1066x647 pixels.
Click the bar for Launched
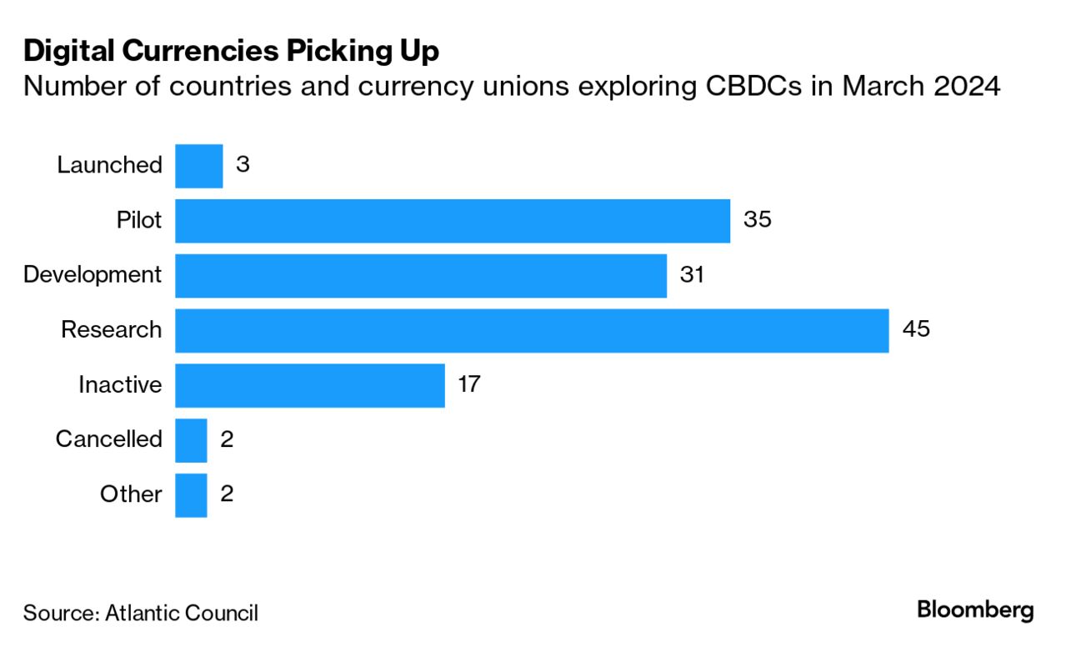pyautogui.click(x=198, y=166)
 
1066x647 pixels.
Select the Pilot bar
pyautogui.click(x=452, y=221)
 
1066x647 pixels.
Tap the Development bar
pyautogui.click(x=420, y=276)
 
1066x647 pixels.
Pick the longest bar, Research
pyautogui.click(x=531, y=330)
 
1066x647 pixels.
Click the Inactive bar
pyautogui.click(x=309, y=385)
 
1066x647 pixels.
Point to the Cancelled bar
pyautogui.click(x=191, y=440)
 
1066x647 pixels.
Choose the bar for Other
pyautogui.click(x=191, y=495)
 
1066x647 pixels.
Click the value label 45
pyautogui.click(x=915, y=329)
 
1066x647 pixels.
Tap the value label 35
pyautogui.click(x=757, y=220)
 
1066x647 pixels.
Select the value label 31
pyautogui.click(x=692, y=274)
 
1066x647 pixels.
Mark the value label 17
pyautogui.click(x=469, y=384)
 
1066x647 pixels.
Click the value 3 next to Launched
pyautogui.click(x=243, y=164)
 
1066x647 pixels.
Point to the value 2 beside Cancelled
pyautogui.click(x=226, y=439)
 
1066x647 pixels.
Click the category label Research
pyautogui.click(x=111, y=329)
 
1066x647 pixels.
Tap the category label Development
pyautogui.click(x=93, y=274)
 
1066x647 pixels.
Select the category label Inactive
pyautogui.click(x=120, y=384)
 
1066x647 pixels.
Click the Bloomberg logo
pyautogui.click(x=975, y=610)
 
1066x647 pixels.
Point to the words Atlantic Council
pyautogui.click(x=181, y=614)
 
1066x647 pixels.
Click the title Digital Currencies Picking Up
pyautogui.click(x=231, y=51)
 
